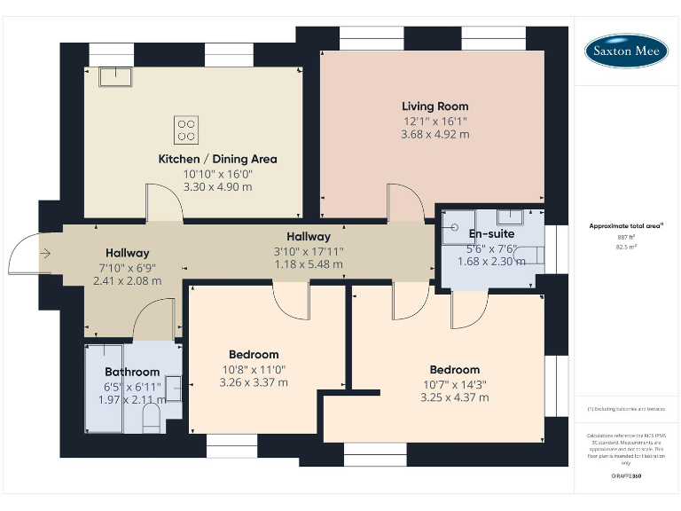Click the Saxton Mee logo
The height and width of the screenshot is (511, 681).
(626, 51)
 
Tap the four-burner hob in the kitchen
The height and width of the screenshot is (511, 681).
(187, 129)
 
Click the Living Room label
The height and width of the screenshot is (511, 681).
(434, 106)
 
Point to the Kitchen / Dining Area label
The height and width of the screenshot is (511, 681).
(217, 159)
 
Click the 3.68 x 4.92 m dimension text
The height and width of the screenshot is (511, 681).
(434, 134)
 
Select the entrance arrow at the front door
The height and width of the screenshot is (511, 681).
(45, 253)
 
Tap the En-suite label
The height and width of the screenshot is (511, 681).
(486, 234)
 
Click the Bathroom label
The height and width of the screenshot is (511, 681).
(132, 372)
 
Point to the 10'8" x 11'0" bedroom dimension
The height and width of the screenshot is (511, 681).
(253, 369)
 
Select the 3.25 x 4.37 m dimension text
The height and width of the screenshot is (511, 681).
(454, 397)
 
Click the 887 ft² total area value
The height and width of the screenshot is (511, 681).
(626, 238)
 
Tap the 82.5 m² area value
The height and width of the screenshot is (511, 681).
(626, 248)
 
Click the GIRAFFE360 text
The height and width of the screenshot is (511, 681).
(626, 476)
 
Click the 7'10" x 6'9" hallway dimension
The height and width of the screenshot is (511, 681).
(127, 267)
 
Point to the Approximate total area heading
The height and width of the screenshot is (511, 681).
(626, 226)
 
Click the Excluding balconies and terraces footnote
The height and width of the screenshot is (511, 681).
(626, 409)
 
